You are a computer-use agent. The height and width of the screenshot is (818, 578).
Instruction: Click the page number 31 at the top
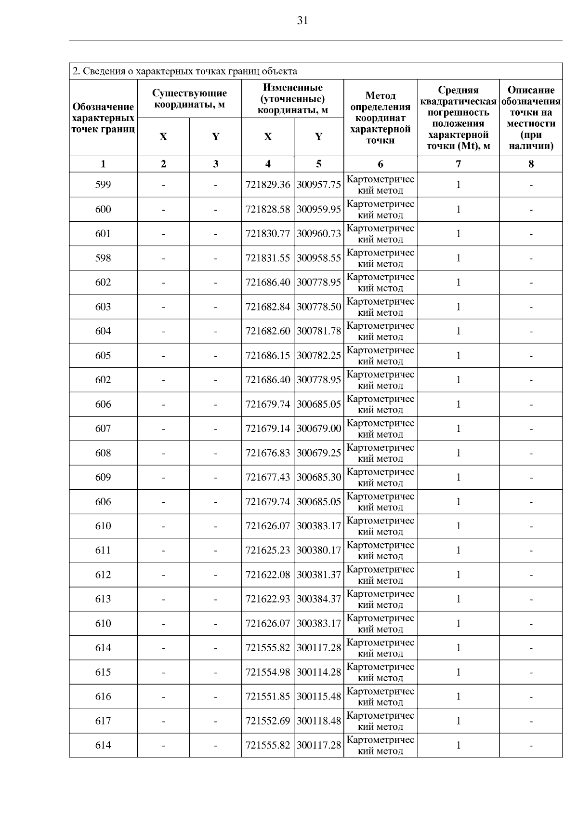pos(302,20)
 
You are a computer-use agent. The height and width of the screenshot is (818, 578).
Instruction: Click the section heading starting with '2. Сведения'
pos(184,71)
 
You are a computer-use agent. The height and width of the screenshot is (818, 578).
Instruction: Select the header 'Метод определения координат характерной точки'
pos(381,118)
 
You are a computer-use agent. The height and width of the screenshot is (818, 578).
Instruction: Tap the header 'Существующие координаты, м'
pos(189,99)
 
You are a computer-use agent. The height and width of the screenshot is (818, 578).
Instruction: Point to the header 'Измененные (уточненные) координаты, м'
pos(292,99)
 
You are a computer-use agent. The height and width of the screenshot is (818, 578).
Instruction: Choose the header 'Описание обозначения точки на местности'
pos(531,118)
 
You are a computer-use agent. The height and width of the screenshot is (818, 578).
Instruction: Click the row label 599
pos(103,185)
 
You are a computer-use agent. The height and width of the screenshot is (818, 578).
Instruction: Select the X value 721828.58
pos(268,209)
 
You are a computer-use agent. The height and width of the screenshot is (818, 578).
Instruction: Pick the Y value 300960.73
pos(319,234)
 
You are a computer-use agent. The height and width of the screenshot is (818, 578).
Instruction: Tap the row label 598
pos(103,258)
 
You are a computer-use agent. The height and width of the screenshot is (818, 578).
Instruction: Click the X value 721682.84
pos(268,307)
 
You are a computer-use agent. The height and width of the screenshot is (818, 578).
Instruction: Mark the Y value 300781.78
pos(319,331)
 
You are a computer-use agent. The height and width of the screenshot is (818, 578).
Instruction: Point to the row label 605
pos(103,356)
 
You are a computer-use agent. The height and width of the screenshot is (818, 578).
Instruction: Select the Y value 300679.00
pos(319,429)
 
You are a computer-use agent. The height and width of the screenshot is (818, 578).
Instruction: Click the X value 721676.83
pos(268,453)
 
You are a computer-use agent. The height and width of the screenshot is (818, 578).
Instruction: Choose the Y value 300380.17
pos(319,550)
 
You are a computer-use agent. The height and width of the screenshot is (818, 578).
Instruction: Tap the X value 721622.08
pos(268,575)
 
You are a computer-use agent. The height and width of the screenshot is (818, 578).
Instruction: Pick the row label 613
pos(103,599)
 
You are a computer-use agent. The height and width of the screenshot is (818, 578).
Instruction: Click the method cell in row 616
pos(381,697)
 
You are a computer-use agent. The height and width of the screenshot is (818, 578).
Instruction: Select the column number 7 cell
pos(458,164)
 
